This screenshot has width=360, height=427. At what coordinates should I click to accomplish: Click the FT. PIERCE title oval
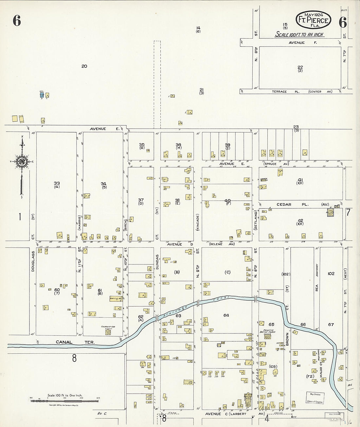coord(313,20)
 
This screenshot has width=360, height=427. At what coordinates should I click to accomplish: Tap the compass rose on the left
coord(22,161)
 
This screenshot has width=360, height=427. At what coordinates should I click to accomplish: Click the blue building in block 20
coord(42,95)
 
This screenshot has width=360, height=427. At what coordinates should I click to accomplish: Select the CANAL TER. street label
coord(75,342)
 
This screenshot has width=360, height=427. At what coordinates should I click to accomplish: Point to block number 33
coord(57,184)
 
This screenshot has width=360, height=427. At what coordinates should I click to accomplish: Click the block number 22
coord(300,67)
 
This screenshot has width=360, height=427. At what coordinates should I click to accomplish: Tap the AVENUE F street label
coord(297,43)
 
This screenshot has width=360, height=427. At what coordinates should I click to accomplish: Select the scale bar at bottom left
coord(65,400)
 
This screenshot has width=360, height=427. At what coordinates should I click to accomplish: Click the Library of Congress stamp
coord(315,398)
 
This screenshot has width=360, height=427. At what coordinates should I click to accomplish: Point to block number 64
coord(226,315)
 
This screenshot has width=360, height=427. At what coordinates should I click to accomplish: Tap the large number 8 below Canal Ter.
coord(74,358)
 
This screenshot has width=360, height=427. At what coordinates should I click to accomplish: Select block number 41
coord(300,179)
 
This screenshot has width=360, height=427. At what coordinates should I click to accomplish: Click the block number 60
coord(57,290)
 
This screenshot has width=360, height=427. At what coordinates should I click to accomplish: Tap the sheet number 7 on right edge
coord(348,212)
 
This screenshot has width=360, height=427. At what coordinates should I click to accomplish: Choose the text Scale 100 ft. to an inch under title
coord(299,34)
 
